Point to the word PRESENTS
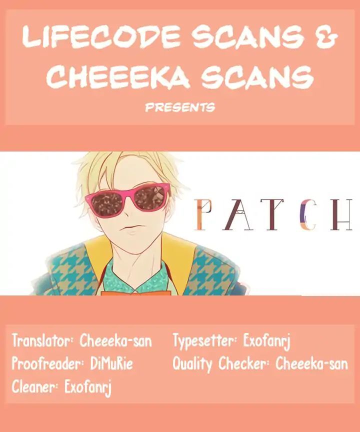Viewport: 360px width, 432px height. click(179, 107)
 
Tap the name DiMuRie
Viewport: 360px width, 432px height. click(112, 364)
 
